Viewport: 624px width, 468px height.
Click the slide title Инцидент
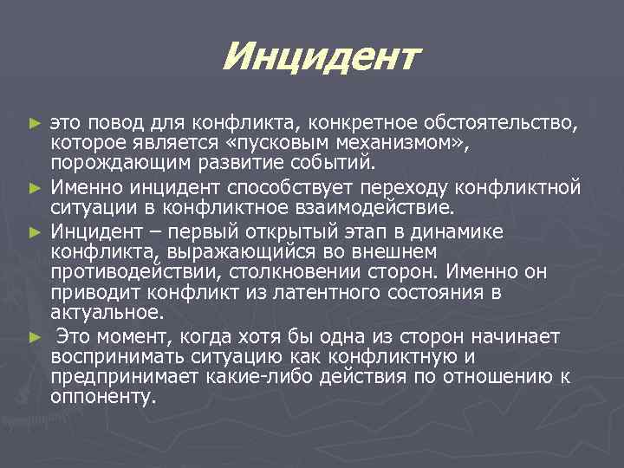pos(320,59)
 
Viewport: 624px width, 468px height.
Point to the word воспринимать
pos(110,355)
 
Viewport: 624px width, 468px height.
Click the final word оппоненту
pos(104,397)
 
